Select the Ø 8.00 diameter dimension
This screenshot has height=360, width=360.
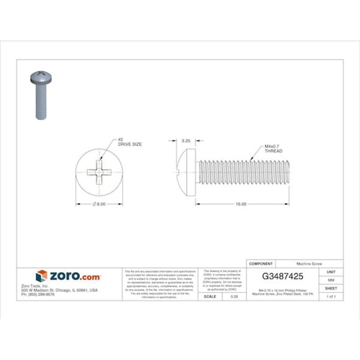99,204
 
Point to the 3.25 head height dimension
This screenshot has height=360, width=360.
186,141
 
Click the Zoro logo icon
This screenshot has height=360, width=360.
41,276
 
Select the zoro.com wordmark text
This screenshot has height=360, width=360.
74,276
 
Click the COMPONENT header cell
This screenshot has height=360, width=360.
262,259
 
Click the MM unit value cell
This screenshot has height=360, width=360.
331,279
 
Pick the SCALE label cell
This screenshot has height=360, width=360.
209,296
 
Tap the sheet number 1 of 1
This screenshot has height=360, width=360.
331,296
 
